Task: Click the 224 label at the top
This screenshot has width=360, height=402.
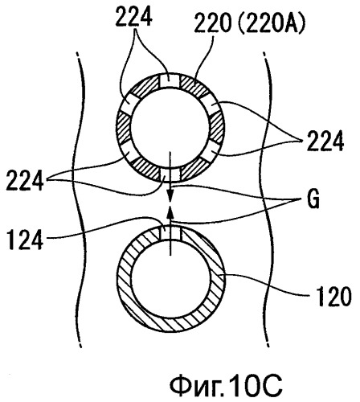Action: coord(134,17)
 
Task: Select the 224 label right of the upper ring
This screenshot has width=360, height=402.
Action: coord(325,142)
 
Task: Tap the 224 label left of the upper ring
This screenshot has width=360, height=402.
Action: coord(25,181)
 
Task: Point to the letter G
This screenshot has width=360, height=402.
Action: coord(313,200)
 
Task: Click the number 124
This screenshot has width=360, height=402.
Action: coord(25,240)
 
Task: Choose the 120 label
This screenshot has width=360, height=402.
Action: coord(333,297)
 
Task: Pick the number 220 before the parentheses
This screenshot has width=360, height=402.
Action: coord(213,23)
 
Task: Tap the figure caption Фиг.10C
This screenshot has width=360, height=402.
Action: coord(226,385)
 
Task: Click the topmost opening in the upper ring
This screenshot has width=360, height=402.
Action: coord(170,80)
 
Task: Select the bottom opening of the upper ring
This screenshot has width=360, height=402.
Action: coord(170,174)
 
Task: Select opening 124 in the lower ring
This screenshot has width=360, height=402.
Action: coord(170,232)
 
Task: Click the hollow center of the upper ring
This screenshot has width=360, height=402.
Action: coord(170,128)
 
